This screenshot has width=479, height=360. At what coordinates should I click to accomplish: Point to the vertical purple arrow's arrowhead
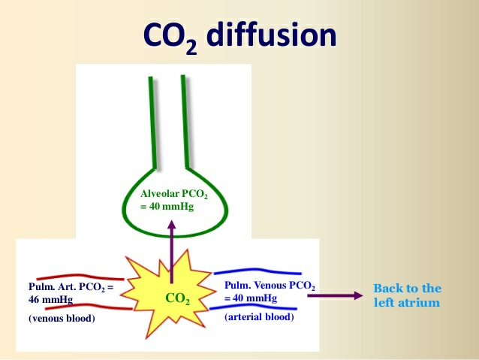(x=171, y=225)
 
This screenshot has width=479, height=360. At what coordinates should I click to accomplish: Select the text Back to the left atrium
(x=407, y=295)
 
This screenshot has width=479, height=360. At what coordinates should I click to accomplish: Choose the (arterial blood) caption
(x=260, y=317)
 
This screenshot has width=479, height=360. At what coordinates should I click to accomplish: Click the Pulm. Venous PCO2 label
(x=270, y=286)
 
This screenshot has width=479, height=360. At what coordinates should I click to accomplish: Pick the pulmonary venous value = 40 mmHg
(x=251, y=298)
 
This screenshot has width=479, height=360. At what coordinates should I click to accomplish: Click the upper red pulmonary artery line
(x=75, y=277)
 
